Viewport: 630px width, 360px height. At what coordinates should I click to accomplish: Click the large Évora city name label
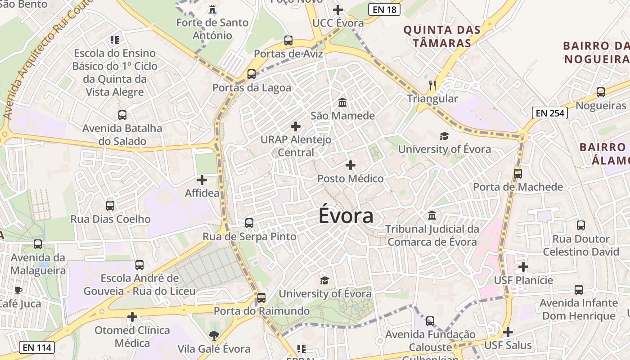[x=346, y=216]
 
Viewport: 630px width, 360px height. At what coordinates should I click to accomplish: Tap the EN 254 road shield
[x=549, y=113]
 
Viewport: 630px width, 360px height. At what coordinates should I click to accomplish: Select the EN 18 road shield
[x=384, y=9]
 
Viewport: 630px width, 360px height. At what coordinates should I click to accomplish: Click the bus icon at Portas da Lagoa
[x=252, y=74]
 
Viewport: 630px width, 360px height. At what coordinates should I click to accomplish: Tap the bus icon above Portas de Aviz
[x=288, y=40]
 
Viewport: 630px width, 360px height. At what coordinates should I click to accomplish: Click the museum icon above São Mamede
[x=342, y=102]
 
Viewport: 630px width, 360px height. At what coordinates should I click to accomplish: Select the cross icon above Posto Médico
[x=351, y=165]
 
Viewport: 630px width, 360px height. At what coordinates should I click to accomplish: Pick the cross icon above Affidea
[x=202, y=180]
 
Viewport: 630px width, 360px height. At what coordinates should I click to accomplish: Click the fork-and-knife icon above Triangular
[x=432, y=85]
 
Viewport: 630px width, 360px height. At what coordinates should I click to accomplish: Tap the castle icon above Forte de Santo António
[x=212, y=9]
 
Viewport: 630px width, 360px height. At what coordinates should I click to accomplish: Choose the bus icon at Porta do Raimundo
[x=261, y=297]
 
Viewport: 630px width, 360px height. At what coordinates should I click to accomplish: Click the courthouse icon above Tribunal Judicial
[x=432, y=215]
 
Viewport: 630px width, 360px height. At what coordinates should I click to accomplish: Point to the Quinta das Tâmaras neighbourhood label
[x=441, y=36]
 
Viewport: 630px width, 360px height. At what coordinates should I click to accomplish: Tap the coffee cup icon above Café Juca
[x=18, y=290]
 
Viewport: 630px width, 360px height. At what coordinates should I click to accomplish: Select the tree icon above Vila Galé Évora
[x=214, y=335]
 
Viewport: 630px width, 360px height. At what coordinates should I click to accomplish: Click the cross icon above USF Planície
[x=523, y=267]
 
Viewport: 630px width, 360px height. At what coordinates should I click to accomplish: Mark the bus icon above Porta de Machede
[x=518, y=173]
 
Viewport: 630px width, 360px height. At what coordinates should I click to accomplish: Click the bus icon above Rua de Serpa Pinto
[x=249, y=223]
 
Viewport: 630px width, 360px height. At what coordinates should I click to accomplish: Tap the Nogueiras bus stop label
[x=601, y=106]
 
